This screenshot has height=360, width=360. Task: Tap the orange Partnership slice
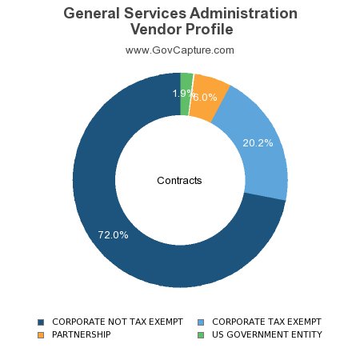tap(210, 90)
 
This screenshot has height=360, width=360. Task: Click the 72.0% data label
tap(113, 235)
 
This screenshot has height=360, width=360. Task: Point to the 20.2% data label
tap(258, 143)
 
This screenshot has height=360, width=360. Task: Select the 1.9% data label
tap(182, 94)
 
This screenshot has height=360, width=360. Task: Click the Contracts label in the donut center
tap(179, 181)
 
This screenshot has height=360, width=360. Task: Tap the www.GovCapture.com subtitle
tap(180, 50)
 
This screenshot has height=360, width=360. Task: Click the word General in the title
tap(92, 14)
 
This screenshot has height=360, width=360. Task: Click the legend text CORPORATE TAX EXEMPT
tap(266, 322)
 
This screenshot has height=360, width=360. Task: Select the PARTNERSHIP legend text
tap(82, 334)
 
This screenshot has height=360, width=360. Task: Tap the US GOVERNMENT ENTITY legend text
tap(266, 334)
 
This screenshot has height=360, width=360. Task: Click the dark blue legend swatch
tap(41, 322)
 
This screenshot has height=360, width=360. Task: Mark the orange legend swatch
tap(41, 334)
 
